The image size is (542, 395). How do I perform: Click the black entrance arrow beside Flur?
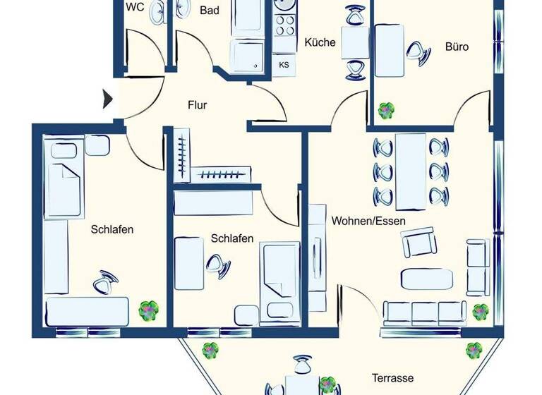(x=107, y=98)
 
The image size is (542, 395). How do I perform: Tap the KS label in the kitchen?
(x=284, y=65)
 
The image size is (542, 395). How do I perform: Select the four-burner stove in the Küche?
(x=284, y=25)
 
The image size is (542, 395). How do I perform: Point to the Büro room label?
(x=457, y=47)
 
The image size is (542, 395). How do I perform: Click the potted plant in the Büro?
(x=386, y=110)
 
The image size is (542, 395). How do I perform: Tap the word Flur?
(x=197, y=106)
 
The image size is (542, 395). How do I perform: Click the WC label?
(x=135, y=8)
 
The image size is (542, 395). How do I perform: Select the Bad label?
(x=210, y=11)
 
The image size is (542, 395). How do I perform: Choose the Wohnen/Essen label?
(x=369, y=221)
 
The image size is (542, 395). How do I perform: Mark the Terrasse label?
(x=392, y=377)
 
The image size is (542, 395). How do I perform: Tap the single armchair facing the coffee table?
(x=418, y=243)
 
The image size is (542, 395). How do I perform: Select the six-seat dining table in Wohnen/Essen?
(x=411, y=171)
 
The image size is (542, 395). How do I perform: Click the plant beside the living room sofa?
(x=481, y=311)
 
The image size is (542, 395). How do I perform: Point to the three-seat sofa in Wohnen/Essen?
(x=425, y=312)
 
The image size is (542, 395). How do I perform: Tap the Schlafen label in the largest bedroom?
(x=112, y=229)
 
